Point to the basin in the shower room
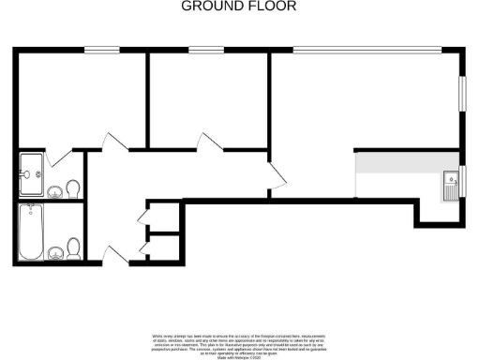pos(55,191)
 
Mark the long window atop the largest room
pos(366,50)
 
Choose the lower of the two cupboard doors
pos(142,248)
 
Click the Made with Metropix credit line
pos(239,351)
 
